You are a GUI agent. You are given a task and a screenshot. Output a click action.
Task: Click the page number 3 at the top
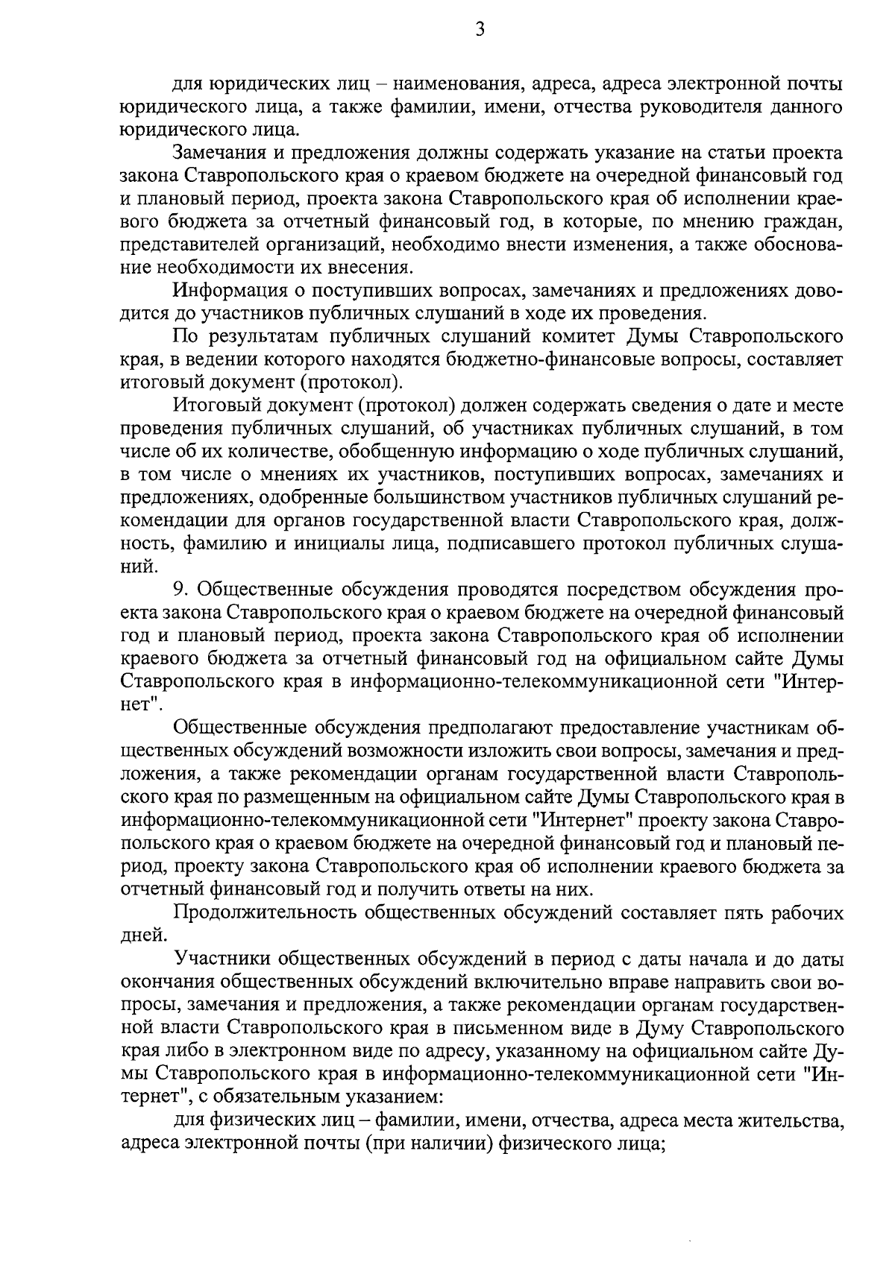pos(480,29)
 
